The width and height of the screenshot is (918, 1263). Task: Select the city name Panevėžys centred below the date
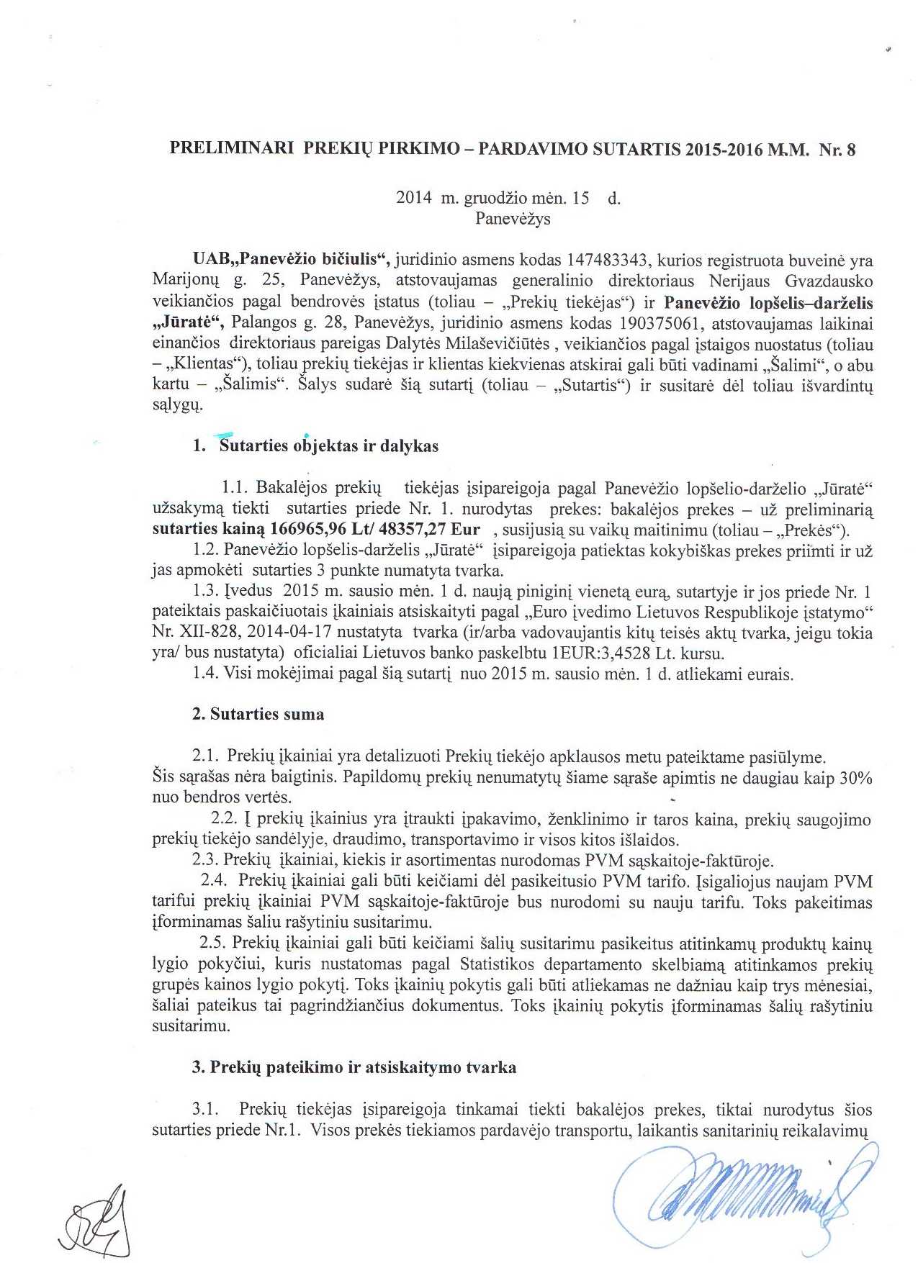point(513,219)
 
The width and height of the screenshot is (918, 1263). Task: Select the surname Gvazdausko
point(827,280)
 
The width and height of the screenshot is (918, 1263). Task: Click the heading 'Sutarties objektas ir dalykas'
point(328,446)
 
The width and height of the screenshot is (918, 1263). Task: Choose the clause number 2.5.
point(215,943)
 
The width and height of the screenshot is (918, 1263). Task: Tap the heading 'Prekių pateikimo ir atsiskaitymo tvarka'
point(363,1067)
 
